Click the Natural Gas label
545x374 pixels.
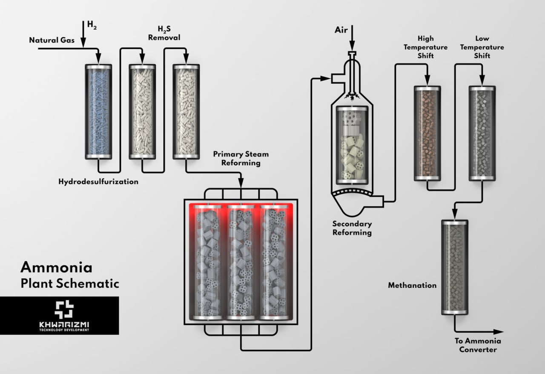pyautogui.click(x=52, y=40)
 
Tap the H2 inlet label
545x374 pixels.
pyautogui.click(x=92, y=25)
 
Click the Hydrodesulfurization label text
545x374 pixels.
pyautogui.click(x=98, y=182)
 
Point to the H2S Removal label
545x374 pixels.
pyautogui.click(x=164, y=34)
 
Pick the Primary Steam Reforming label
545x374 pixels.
pyautogui.click(x=241, y=158)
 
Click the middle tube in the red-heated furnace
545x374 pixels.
pyautogui.click(x=241, y=262)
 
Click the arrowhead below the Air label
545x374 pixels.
pyautogui.click(x=352, y=48)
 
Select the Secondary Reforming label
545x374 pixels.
pyautogui.click(x=352, y=228)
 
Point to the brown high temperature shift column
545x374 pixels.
pyautogui.click(x=427, y=133)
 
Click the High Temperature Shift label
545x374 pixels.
pyautogui.click(x=426, y=47)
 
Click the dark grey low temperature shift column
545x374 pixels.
pyautogui.click(x=482, y=133)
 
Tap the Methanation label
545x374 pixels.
pyautogui.click(x=412, y=285)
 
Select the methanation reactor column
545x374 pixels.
pyautogui.click(x=455, y=267)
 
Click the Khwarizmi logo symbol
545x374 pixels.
pyautogui.click(x=64, y=309)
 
